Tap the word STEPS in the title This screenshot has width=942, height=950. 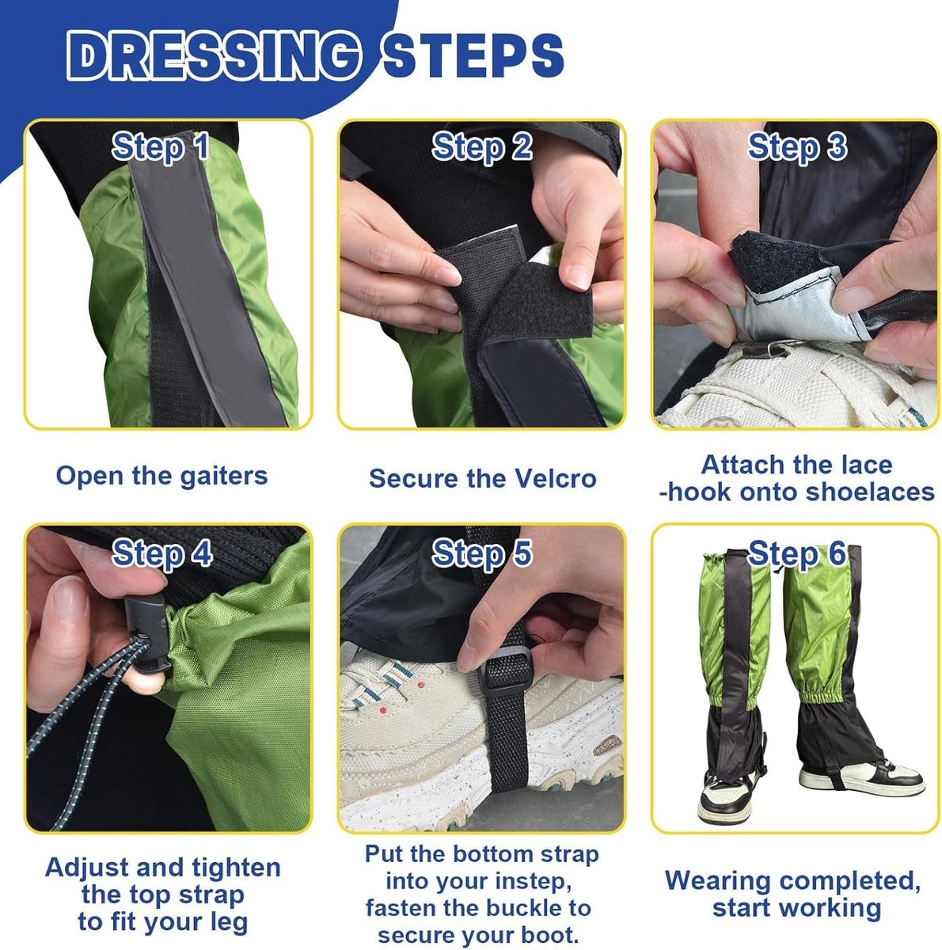473,55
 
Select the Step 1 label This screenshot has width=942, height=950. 160,147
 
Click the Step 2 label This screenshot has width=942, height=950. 482,147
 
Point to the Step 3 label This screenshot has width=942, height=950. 797,147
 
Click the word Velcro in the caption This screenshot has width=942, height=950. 555,477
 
